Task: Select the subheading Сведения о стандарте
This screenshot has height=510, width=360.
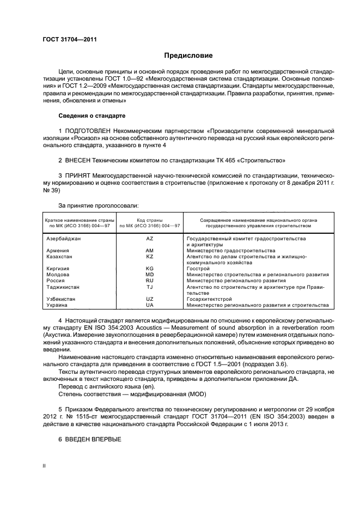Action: [91, 116]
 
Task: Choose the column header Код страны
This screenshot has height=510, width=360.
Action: [150, 220]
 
